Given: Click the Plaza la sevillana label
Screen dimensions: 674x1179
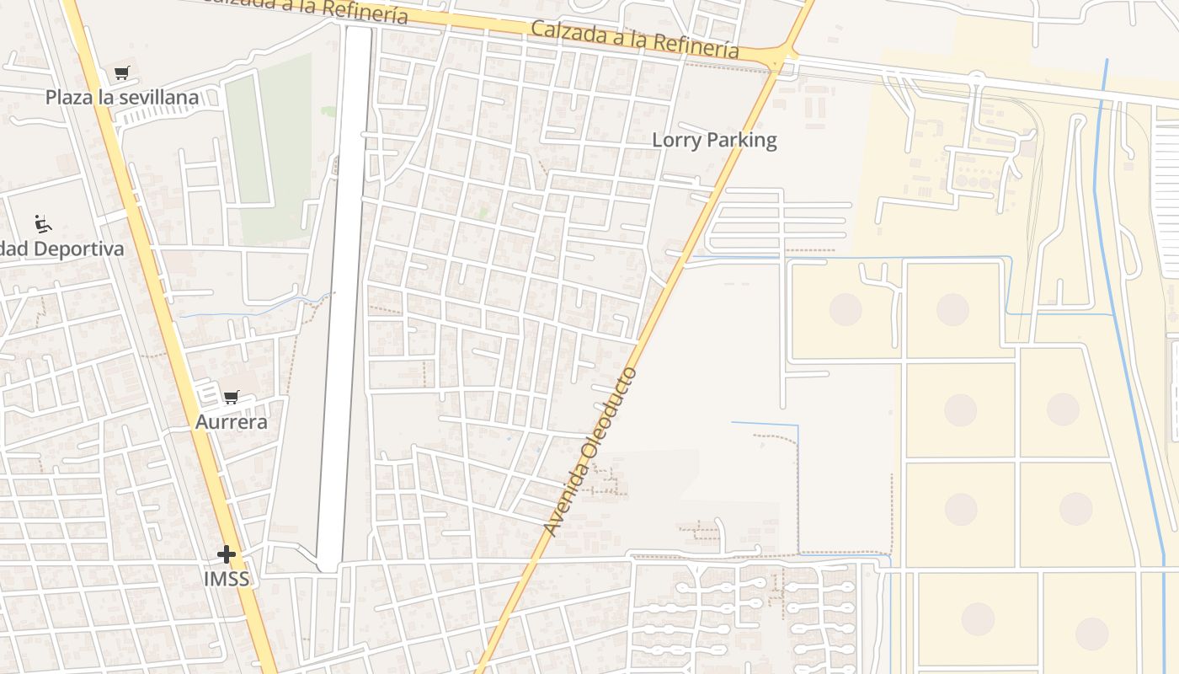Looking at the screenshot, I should (x=122, y=97).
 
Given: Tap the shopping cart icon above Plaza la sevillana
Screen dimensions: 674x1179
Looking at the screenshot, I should (x=122, y=73).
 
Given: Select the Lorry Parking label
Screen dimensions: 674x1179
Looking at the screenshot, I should (x=714, y=140).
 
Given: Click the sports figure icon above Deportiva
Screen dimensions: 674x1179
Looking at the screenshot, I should (x=43, y=224).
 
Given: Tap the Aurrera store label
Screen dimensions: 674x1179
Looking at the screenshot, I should (x=232, y=421).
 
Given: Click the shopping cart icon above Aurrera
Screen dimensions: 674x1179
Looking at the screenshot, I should (x=232, y=397).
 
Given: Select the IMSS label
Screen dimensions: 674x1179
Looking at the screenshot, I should (x=227, y=579).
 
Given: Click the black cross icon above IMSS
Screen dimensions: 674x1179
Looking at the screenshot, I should (x=227, y=554).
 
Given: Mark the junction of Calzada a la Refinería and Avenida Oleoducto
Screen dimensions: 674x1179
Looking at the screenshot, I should (x=780, y=61).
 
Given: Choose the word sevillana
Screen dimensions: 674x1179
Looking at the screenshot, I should (x=159, y=97).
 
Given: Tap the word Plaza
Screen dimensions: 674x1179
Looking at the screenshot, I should (x=68, y=97).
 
